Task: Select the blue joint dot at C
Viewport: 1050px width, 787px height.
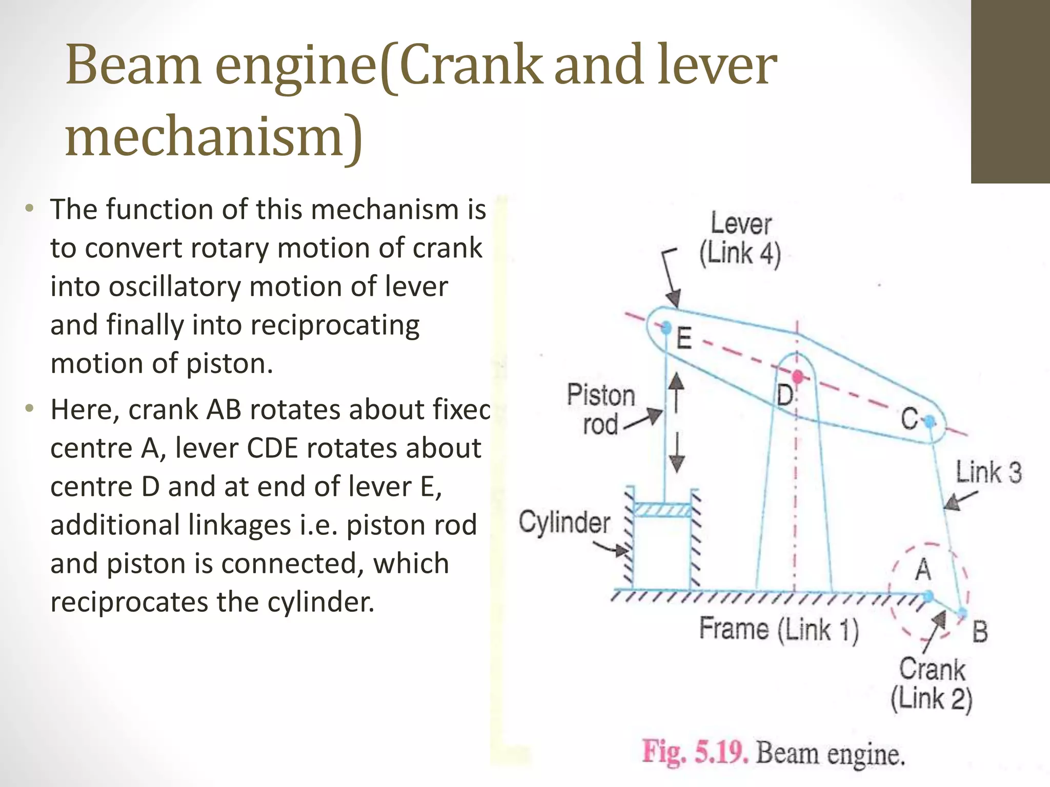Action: point(930,422)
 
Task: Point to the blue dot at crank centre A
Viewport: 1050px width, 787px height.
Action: point(928,596)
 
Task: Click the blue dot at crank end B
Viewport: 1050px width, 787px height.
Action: point(962,612)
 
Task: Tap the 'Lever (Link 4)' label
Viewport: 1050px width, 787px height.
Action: point(740,239)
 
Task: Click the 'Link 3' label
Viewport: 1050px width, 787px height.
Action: point(988,472)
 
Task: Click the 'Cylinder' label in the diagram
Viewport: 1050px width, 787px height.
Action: point(564,522)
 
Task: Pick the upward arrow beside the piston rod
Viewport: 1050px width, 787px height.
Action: point(677,392)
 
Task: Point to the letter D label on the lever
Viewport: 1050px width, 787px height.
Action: point(784,396)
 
